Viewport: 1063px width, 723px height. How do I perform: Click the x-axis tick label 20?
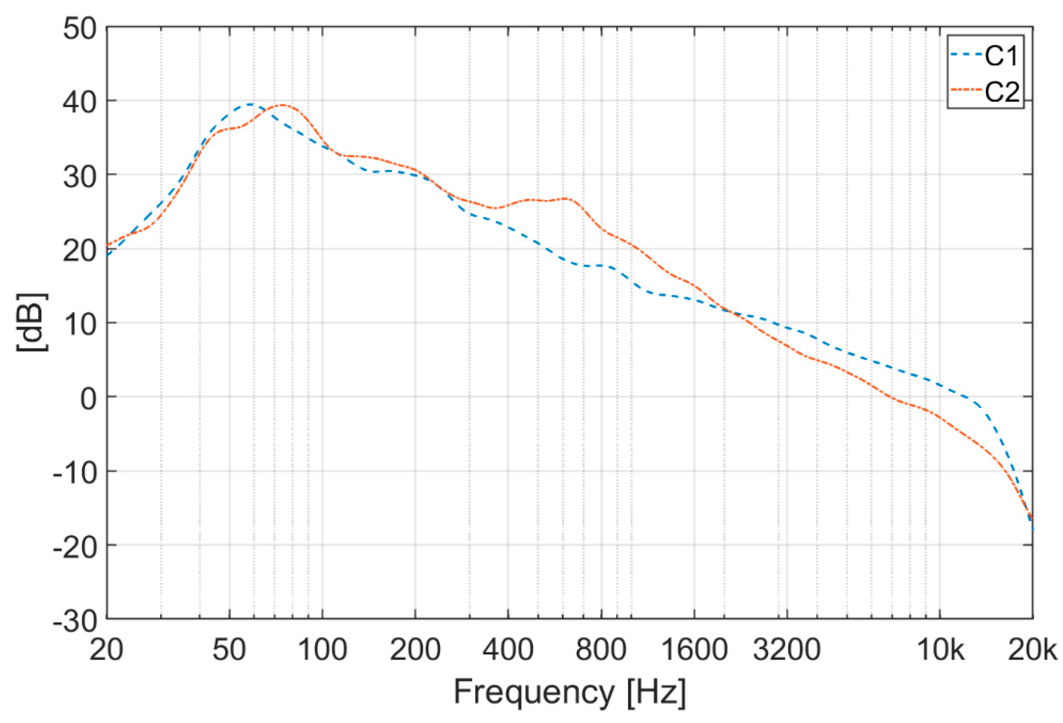point(106,650)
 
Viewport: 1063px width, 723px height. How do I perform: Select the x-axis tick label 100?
point(323,650)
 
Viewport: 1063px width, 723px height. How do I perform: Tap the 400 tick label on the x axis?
point(508,650)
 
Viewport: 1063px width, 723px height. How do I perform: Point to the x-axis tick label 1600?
point(694,650)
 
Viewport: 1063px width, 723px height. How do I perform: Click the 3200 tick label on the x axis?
point(787,650)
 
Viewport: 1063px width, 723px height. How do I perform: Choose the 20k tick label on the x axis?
point(1035,650)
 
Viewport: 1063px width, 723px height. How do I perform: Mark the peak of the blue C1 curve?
point(249,105)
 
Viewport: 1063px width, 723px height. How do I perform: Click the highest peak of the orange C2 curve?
point(282,105)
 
